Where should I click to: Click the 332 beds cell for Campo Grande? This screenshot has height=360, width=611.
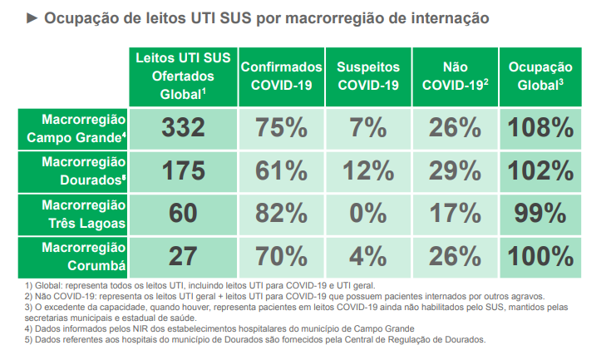click(x=183, y=128)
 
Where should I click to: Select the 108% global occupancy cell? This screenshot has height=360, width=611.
click(x=541, y=128)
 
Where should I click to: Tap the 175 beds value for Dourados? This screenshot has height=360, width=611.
click(x=183, y=171)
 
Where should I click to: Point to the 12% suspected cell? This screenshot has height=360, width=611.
click(x=367, y=171)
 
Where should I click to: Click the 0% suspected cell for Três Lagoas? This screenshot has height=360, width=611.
click(x=367, y=214)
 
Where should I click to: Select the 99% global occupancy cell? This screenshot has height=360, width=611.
click(x=541, y=214)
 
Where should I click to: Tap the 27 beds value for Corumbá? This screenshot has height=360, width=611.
click(x=183, y=255)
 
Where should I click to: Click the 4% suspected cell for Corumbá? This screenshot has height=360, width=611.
click(x=367, y=255)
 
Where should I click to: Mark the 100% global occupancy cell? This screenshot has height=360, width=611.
click(x=541, y=255)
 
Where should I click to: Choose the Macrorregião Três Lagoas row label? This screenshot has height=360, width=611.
click(x=75, y=214)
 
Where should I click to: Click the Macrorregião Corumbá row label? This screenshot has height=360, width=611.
click(x=75, y=255)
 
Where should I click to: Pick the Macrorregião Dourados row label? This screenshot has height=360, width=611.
click(x=75, y=171)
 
